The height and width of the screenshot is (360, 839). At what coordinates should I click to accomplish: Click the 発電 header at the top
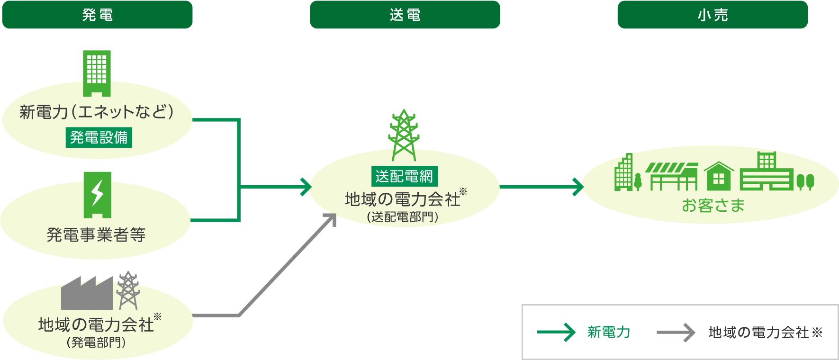(97, 15)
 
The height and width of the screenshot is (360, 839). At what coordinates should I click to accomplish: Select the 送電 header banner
(405, 15)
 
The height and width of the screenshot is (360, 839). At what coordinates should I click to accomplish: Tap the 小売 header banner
(712, 15)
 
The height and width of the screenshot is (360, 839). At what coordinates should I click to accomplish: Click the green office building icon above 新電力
(97, 72)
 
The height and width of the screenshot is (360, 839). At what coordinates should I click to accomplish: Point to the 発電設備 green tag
(99, 137)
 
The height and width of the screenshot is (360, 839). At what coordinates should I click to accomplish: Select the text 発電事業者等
(96, 234)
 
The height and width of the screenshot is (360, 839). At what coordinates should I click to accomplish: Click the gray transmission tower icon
(127, 290)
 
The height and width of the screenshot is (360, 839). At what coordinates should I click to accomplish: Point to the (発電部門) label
(96, 342)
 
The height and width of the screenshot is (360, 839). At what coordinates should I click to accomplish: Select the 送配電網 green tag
(404, 176)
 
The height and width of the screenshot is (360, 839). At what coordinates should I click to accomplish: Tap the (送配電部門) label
(403, 217)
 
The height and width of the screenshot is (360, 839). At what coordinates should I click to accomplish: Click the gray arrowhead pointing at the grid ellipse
(331, 218)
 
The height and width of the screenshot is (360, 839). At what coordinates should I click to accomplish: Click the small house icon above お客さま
(719, 176)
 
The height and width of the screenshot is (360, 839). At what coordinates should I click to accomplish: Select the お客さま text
(713, 206)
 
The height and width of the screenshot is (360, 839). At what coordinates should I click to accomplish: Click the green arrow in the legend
(556, 333)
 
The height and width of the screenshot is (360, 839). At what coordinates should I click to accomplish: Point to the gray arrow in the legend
(676, 333)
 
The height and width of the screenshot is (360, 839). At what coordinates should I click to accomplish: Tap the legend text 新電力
(609, 333)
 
